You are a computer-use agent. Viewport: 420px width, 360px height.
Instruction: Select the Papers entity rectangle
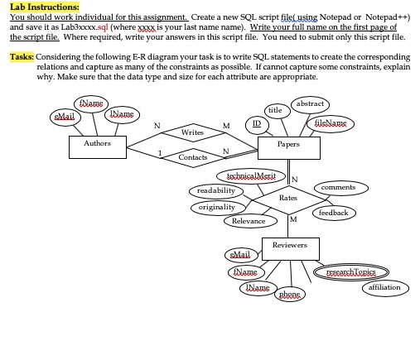point(290,146)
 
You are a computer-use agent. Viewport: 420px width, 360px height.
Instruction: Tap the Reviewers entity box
point(289,247)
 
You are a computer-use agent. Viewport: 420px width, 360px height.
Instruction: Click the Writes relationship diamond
point(192,131)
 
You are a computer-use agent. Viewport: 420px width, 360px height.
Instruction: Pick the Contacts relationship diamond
point(193,157)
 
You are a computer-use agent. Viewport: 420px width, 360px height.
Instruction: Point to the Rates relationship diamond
point(287,199)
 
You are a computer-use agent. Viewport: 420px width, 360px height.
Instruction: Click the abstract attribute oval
point(310,104)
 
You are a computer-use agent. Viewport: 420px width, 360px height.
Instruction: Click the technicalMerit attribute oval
point(250,176)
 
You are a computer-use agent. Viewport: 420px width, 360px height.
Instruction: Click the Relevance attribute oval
point(249,221)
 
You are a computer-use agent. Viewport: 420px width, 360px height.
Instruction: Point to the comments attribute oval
point(338,189)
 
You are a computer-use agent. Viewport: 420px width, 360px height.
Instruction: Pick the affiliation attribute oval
point(383,287)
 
